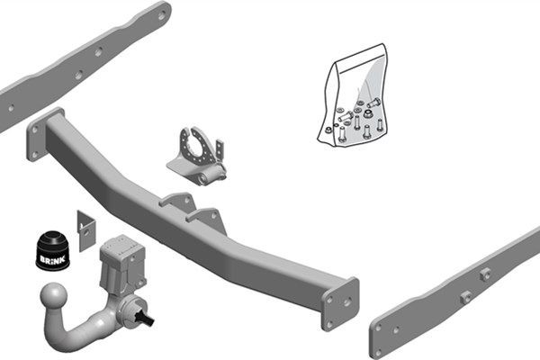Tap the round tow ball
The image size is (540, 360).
[56, 299]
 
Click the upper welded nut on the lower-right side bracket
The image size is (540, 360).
[486, 274]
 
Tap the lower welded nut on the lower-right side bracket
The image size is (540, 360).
[465, 297]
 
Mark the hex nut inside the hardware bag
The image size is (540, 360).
[330, 130]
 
